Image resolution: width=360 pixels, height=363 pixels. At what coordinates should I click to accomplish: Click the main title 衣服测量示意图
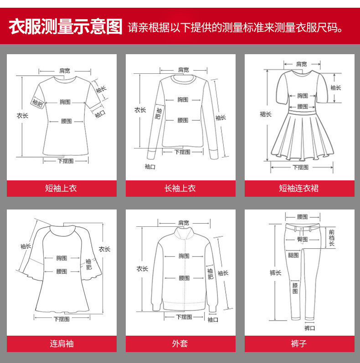click(66, 26)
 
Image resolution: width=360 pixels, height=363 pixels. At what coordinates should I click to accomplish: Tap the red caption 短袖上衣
click(61, 188)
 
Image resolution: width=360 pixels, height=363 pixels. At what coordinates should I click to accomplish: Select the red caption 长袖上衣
click(180, 188)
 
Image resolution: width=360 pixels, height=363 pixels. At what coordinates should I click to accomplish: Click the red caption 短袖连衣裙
click(298, 188)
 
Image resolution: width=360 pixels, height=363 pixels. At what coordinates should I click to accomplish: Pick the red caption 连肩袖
click(62, 343)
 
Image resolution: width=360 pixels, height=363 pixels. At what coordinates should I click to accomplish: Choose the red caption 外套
click(180, 343)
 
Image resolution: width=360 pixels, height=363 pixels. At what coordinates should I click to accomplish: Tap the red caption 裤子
click(299, 343)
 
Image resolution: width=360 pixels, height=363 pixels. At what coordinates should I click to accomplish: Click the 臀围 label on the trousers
click(303, 239)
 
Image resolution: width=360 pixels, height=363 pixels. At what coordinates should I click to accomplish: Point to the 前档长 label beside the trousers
click(332, 238)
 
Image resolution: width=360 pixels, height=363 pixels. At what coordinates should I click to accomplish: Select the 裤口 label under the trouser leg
click(309, 328)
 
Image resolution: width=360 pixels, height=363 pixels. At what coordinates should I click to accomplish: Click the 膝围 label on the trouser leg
click(295, 288)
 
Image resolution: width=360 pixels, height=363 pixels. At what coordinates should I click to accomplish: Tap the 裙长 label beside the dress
click(266, 114)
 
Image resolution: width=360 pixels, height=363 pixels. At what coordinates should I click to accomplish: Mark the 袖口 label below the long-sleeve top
click(150, 166)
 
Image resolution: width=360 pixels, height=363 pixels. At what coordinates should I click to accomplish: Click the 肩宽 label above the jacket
click(184, 223)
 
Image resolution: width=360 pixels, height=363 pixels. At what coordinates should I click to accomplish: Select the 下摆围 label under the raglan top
click(62, 319)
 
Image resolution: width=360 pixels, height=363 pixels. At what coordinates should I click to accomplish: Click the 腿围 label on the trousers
click(293, 255)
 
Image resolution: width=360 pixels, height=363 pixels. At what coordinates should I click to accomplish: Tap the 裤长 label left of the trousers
click(275, 273)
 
